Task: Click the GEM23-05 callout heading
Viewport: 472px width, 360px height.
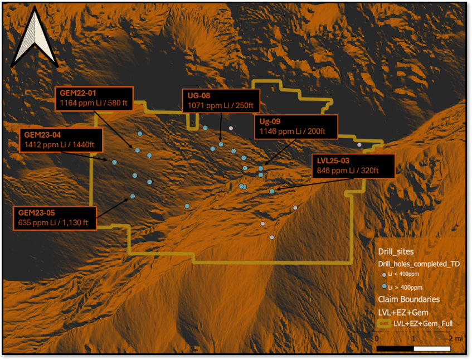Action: [x=37, y=212]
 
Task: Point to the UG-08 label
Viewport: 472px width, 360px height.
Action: [x=198, y=96]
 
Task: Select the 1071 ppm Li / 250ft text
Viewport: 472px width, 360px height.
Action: [x=221, y=105]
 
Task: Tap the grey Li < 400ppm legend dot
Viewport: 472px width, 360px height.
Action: [x=383, y=275]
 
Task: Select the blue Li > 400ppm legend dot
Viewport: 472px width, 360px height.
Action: [x=383, y=286]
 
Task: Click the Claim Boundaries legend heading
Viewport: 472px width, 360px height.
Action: [x=408, y=299]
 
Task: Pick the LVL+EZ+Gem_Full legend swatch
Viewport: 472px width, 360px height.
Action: [x=384, y=323]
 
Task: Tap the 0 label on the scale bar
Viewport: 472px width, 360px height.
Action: [x=377, y=339]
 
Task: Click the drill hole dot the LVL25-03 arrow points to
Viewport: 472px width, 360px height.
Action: [x=272, y=191]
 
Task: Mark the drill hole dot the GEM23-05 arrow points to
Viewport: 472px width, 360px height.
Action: [x=132, y=196]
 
